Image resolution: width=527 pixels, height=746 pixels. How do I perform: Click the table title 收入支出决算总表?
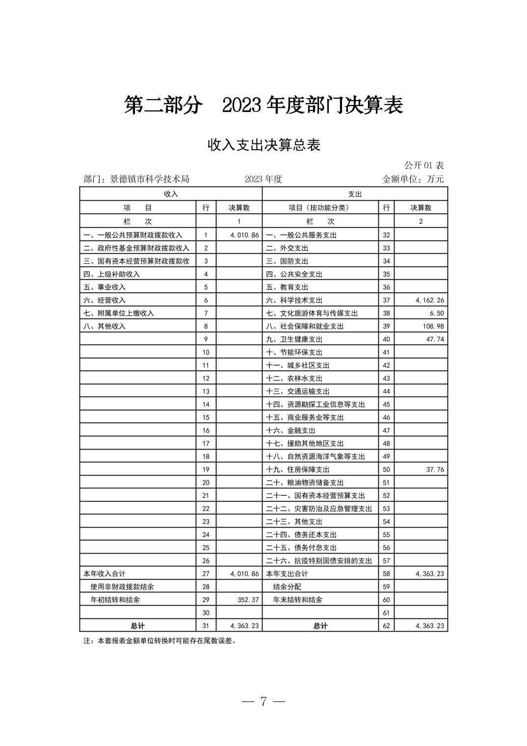coord(263,145)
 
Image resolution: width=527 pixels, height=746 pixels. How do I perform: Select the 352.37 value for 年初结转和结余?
coord(248,600)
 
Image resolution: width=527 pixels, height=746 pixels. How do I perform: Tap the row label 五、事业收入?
coord(105,287)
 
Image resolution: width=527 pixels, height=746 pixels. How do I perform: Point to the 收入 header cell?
coord(171,194)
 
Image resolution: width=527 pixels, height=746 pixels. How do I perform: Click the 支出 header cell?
coord(355,194)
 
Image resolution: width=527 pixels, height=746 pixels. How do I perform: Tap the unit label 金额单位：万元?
coord(413,179)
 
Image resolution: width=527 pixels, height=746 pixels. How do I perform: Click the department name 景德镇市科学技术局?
coord(149,179)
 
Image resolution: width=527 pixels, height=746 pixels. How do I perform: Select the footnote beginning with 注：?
coord(160,640)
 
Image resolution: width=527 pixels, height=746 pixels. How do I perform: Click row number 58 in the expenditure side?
coord(386,574)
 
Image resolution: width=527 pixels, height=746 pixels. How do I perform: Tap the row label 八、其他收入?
coord(105,326)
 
